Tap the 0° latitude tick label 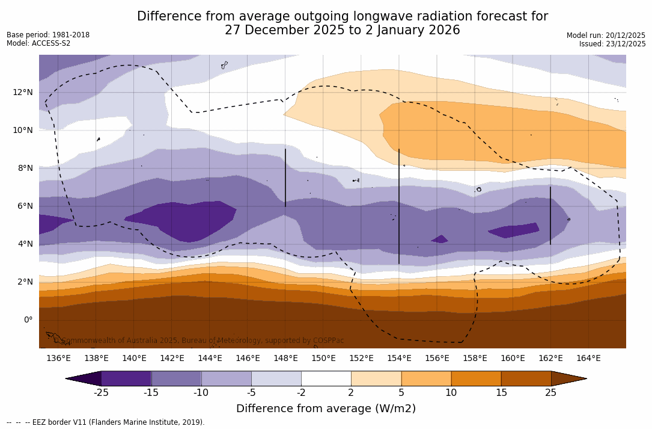tap(28, 319)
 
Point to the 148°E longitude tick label tap(285, 359)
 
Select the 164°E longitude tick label tap(588, 359)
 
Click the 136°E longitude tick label tap(58, 359)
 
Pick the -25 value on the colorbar tap(101, 393)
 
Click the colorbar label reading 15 tap(501, 393)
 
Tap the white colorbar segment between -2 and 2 tap(326, 378)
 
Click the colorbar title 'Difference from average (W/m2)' tap(326, 409)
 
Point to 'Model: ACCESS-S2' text tap(38, 43)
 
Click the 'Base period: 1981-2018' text tap(48, 35)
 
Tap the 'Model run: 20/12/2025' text tap(606, 35)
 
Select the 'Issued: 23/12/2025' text tap(612, 44)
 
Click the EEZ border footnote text tap(106, 422)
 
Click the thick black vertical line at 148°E tap(285, 178)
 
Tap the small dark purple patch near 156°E tap(439, 239)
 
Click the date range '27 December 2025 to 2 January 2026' tap(343, 30)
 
